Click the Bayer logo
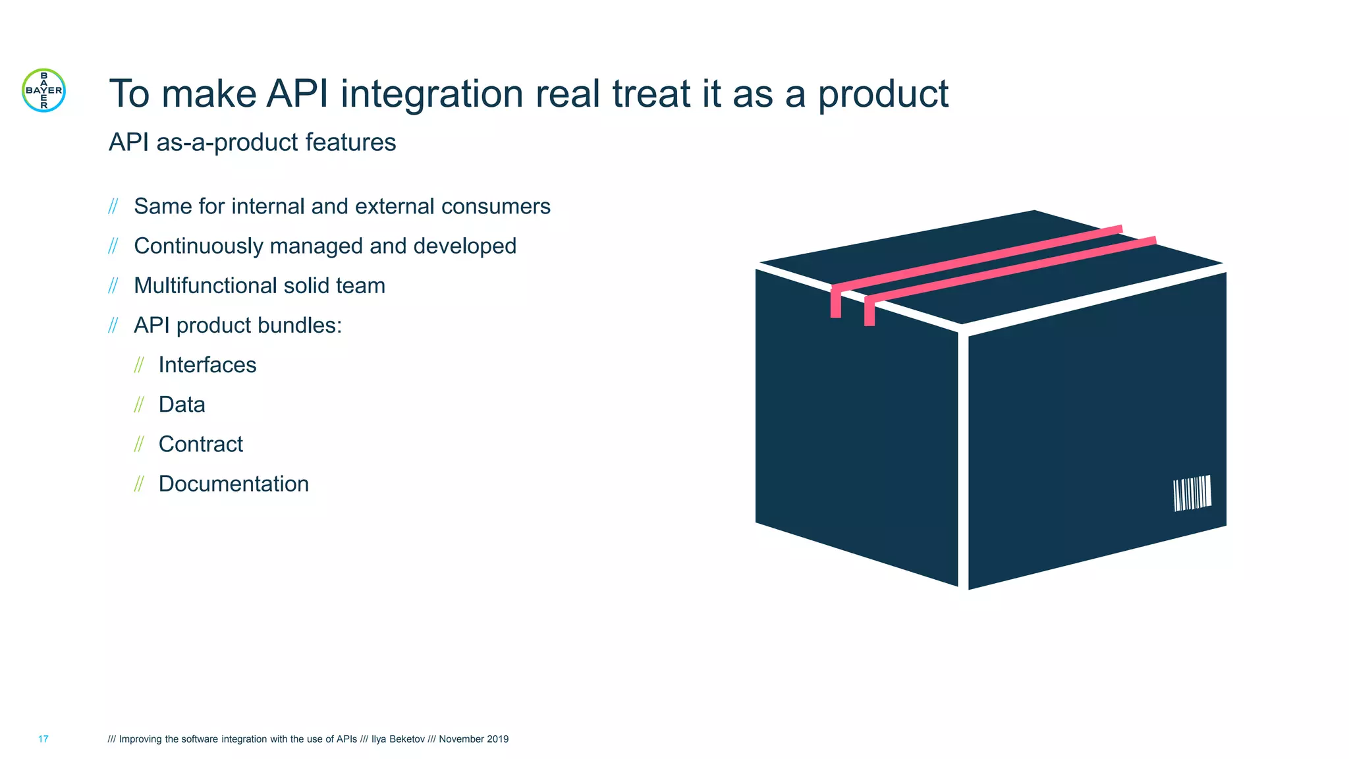pos(43,90)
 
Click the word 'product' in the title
pos(883,94)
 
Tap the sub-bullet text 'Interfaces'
pos(207,365)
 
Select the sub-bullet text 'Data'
pos(182,405)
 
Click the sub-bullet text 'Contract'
pos(200,444)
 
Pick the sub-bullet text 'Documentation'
pos(233,484)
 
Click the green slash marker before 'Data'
pos(139,405)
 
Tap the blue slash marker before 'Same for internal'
pos(113,207)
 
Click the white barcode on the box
pos(1192,493)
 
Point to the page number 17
pos(43,739)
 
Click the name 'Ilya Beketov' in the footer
pos(398,739)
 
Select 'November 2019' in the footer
pos(474,739)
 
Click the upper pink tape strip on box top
pos(975,259)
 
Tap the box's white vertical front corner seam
pos(963,461)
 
